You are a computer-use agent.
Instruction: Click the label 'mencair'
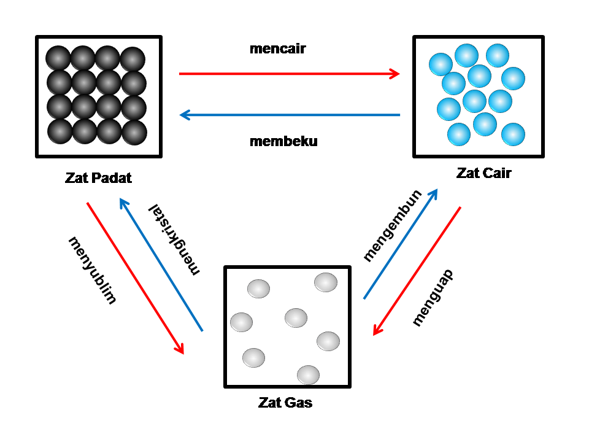click(277, 49)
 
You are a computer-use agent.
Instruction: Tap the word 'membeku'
click(283, 141)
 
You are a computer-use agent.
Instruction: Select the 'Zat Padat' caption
click(98, 179)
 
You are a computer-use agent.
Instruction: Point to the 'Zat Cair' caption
click(483, 173)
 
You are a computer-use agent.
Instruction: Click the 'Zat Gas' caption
click(285, 403)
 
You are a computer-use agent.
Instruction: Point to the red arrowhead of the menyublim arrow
click(180, 349)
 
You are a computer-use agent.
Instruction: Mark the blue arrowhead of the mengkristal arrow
click(123, 203)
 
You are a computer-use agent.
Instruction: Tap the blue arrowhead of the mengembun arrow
click(434, 193)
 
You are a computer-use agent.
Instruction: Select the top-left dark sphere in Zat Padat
click(59, 59)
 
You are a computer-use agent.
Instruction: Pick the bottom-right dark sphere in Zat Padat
click(133, 131)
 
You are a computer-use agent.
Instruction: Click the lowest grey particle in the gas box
click(308, 374)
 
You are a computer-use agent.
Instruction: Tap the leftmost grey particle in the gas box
click(241, 322)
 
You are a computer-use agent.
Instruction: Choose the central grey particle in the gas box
click(296, 317)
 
